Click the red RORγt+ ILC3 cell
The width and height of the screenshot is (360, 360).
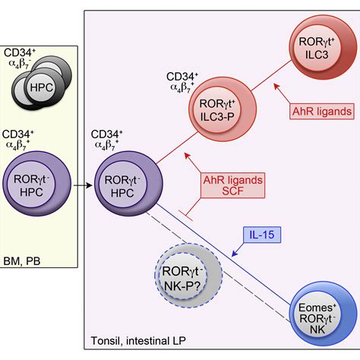click(323, 47)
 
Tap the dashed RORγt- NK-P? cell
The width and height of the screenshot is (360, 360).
click(188, 276)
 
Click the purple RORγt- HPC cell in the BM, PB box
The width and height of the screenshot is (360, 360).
click(37, 184)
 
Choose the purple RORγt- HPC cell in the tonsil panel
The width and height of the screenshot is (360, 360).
click(128, 184)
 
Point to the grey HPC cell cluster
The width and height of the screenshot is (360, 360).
click(42, 83)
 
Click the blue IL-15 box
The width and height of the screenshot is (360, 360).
click(262, 235)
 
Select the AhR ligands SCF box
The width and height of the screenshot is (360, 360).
click(233, 185)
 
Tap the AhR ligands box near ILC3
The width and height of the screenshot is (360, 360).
click(322, 112)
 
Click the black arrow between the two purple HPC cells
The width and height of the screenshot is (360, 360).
click(83, 185)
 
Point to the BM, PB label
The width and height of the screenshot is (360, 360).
click(22, 261)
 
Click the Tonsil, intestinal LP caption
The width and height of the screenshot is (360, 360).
click(138, 341)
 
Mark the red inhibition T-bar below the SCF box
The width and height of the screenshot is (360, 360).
click(186, 215)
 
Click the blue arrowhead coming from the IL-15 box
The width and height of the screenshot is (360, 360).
click(235, 254)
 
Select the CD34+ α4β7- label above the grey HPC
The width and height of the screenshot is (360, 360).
click(20, 58)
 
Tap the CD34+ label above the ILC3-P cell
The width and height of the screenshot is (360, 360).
click(182, 77)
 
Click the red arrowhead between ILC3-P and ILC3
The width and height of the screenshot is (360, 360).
click(276, 87)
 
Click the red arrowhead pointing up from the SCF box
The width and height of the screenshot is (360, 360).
click(188, 156)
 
